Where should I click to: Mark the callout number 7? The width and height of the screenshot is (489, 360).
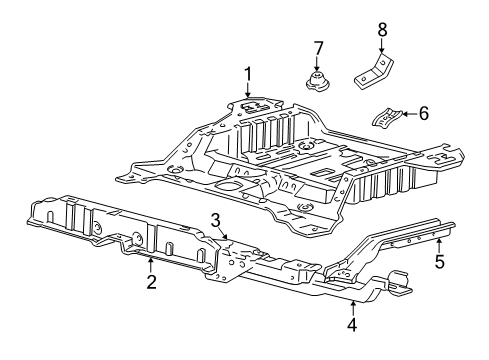319,47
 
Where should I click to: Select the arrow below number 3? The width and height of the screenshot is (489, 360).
227,236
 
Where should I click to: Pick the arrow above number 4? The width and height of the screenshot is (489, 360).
352,305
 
